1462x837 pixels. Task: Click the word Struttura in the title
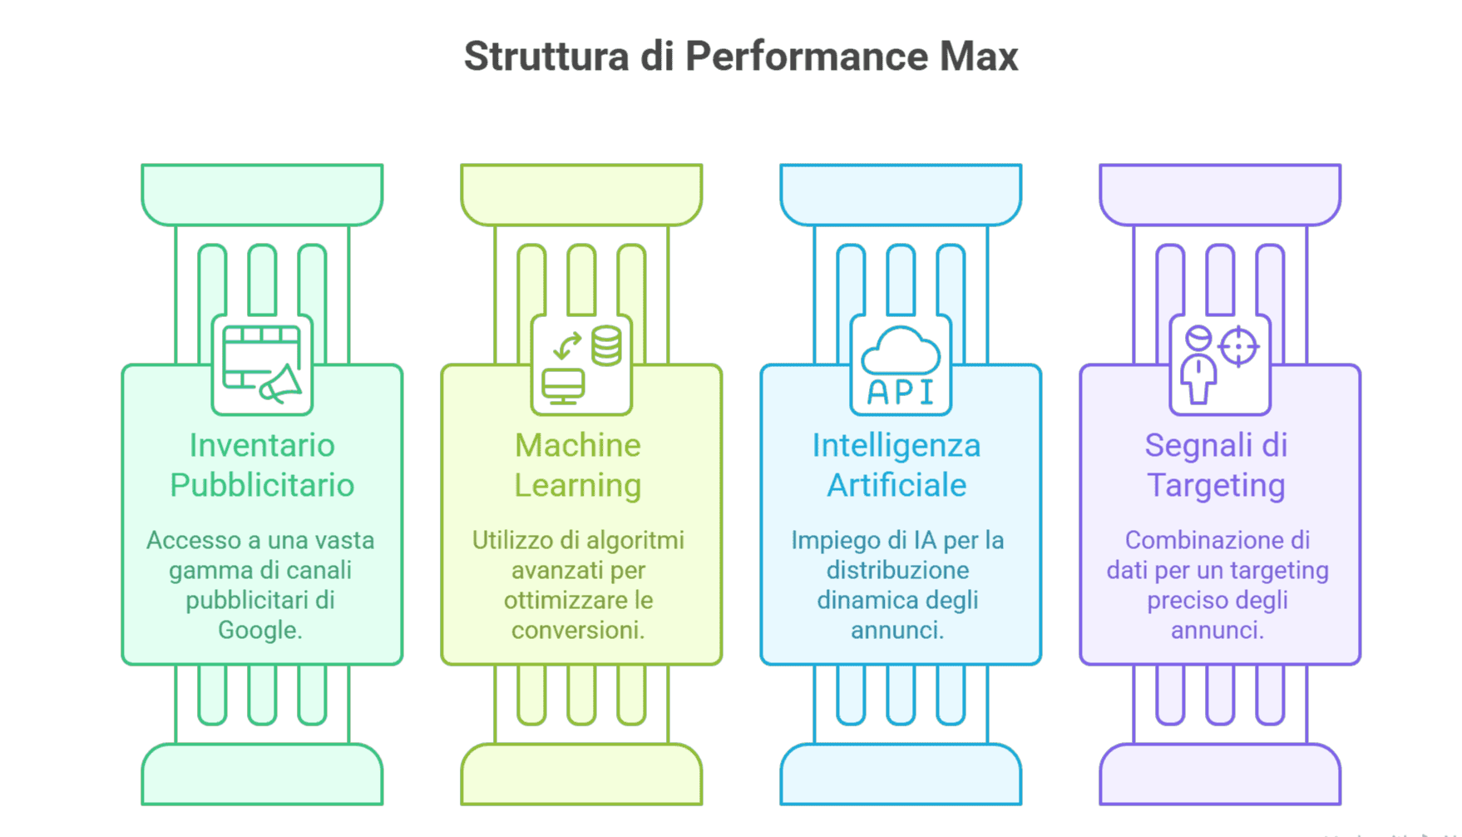[546, 57]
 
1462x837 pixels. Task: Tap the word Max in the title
[979, 57]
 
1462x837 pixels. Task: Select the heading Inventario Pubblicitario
[262, 465]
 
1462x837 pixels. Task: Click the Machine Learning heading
[578, 465]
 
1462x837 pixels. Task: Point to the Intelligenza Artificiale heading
[896, 465]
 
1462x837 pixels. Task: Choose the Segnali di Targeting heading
[1216, 465]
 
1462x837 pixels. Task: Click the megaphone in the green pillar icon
[281, 384]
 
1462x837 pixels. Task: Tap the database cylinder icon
[606, 346]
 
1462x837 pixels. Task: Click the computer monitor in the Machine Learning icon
[563, 387]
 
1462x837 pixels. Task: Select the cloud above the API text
[901, 350]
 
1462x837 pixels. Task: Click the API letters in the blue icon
[901, 392]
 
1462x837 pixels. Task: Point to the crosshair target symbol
[1238, 346]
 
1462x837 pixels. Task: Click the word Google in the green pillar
[259, 631]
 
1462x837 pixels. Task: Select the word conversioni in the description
[578, 630]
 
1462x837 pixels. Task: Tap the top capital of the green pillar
[262, 195]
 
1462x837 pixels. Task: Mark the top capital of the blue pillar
[901, 195]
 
